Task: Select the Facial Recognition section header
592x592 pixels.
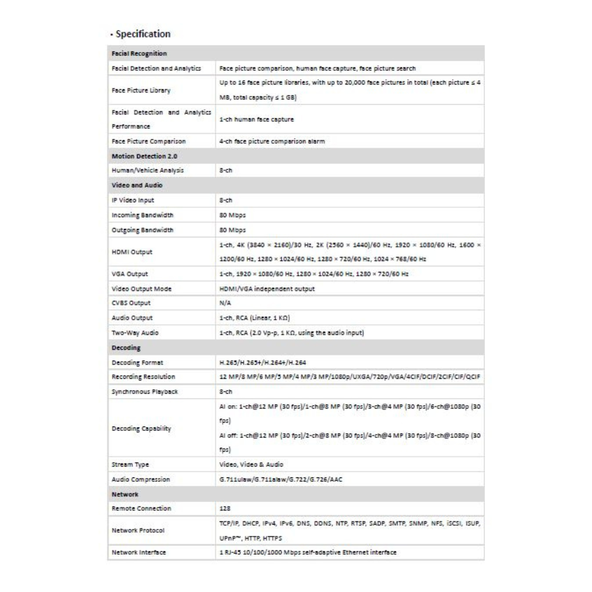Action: [x=139, y=53]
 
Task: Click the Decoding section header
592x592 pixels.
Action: [x=126, y=347]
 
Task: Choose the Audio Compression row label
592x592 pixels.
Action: [x=139, y=479]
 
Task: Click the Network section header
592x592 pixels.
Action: [x=125, y=494]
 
